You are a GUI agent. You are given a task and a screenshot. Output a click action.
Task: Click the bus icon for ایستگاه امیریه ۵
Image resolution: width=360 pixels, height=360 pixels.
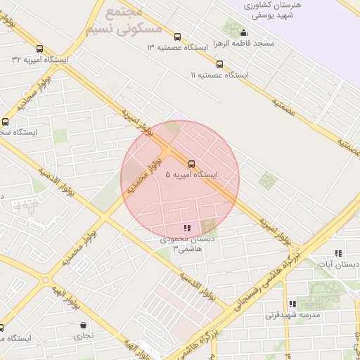[x=192, y=164]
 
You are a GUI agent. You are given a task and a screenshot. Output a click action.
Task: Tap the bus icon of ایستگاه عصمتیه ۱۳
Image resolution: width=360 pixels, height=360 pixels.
[x=177, y=37]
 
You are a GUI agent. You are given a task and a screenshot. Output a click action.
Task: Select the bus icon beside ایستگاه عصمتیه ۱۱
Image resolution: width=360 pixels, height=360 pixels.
[x=220, y=64]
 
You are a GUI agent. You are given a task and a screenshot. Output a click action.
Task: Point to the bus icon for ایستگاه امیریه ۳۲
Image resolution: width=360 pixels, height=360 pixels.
[x=39, y=49]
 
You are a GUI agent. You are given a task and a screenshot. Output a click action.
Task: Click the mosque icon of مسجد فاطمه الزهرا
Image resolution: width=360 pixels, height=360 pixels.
[x=244, y=32]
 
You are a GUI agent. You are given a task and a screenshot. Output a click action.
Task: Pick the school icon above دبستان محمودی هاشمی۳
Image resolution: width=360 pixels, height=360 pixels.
[x=187, y=228]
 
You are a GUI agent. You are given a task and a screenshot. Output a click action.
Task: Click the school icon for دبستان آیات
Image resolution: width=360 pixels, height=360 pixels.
[x=338, y=253]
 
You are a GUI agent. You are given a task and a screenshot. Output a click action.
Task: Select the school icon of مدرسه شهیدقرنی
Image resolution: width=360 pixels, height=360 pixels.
[x=292, y=304]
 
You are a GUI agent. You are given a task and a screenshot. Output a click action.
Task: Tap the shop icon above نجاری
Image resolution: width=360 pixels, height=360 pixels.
[x=84, y=326]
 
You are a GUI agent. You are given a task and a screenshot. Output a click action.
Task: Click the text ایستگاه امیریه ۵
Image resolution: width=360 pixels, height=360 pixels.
[x=191, y=174]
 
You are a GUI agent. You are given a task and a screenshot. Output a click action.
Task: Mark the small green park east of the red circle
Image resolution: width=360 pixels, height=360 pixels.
[x=267, y=180]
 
